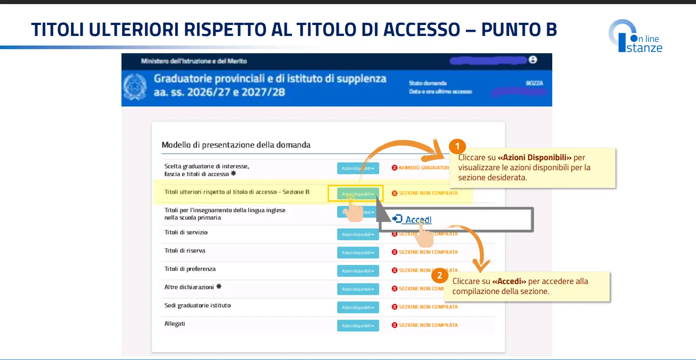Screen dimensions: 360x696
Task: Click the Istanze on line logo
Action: pyautogui.click(x=635, y=36)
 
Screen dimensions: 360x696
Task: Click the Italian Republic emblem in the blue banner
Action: pyautogui.click(x=135, y=86)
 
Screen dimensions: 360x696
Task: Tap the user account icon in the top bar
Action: pyautogui.click(x=533, y=60)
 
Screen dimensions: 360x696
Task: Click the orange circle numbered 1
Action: pyautogui.click(x=457, y=147)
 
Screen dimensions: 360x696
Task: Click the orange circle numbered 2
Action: pyautogui.click(x=439, y=275)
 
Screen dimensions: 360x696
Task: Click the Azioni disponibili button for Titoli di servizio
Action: pyautogui.click(x=358, y=234)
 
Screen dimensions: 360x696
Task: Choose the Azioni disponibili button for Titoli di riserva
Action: pyautogui.click(x=358, y=253)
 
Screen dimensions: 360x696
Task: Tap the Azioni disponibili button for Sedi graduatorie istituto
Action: pyautogui.click(x=358, y=308)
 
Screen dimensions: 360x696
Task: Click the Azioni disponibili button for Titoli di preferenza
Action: pyautogui.click(x=358, y=271)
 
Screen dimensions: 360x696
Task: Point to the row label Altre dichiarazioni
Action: pyautogui.click(x=189, y=287)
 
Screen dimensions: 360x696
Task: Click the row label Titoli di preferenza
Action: pyautogui.click(x=190, y=269)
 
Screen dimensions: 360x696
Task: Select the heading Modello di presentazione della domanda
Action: pyautogui.click(x=236, y=145)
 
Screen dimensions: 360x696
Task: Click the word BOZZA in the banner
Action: pyautogui.click(x=534, y=83)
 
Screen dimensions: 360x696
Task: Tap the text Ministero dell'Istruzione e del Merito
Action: pyautogui.click(x=194, y=61)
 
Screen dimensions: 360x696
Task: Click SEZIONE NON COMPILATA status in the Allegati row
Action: pyautogui.click(x=428, y=325)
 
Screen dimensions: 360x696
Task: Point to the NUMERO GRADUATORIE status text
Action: pyautogui.click(x=423, y=168)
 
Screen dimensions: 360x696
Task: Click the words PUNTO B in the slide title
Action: pyautogui.click(x=519, y=30)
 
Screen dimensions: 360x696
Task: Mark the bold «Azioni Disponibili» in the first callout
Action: pyautogui.click(x=535, y=157)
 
